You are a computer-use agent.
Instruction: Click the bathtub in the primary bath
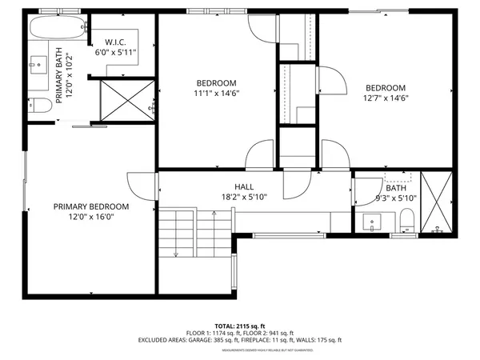(x=57, y=30)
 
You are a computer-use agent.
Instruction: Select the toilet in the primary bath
(x=40, y=105)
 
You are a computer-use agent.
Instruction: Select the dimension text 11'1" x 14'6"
(x=217, y=93)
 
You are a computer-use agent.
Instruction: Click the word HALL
(x=244, y=186)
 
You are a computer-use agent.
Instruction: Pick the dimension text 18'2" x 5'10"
(x=244, y=196)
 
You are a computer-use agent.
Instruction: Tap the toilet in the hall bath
(x=406, y=220)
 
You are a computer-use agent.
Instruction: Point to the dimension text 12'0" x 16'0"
(x=91, y=217)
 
